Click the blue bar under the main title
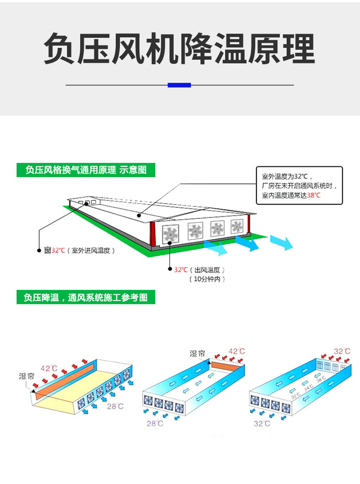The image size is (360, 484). click(x=179, y=85)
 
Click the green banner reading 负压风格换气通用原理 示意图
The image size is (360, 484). click(x=86, y=170)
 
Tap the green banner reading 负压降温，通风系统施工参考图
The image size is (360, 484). click(x=86, y=298)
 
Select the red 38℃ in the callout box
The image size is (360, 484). click(x=314, y=195)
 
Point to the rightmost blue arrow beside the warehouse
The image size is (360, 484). click(x=281, y=242)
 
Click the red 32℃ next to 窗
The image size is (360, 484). click(x=58, y=250)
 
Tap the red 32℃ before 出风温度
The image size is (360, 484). click(x=181, y=270)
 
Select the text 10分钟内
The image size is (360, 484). click(x=207, y=279)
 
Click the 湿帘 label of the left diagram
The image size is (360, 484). click(x=26, y=376)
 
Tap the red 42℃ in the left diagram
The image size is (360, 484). click(x=49, y=368)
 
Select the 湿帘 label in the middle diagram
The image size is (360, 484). click(x=197, y=354)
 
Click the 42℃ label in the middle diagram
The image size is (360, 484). click(x=236, y=351)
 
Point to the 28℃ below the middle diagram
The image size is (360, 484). click(x=154, y=423)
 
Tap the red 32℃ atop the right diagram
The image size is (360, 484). click(x=342, y=351)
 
